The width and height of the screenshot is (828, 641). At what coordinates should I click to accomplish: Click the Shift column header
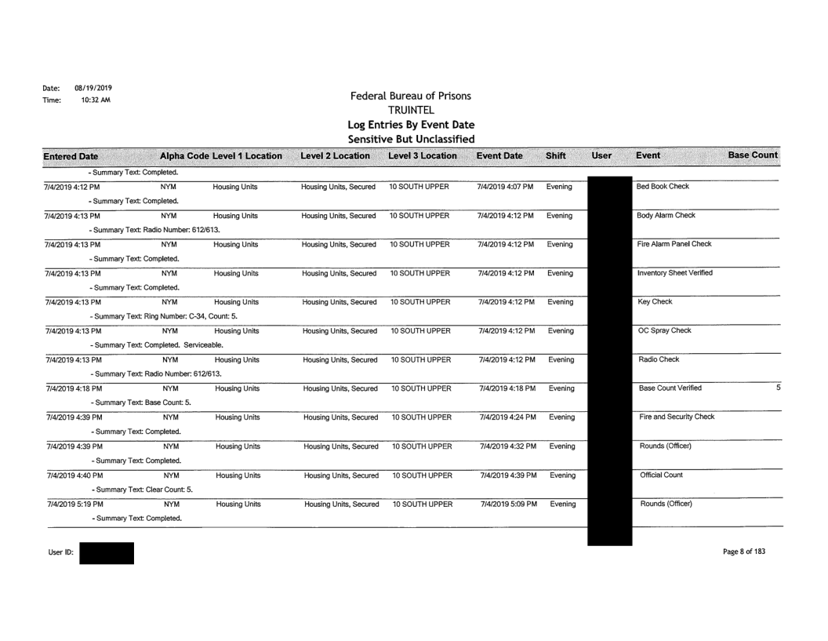(x=557, y=155)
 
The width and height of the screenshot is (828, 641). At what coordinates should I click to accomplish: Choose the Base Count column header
(x=753, y=155)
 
